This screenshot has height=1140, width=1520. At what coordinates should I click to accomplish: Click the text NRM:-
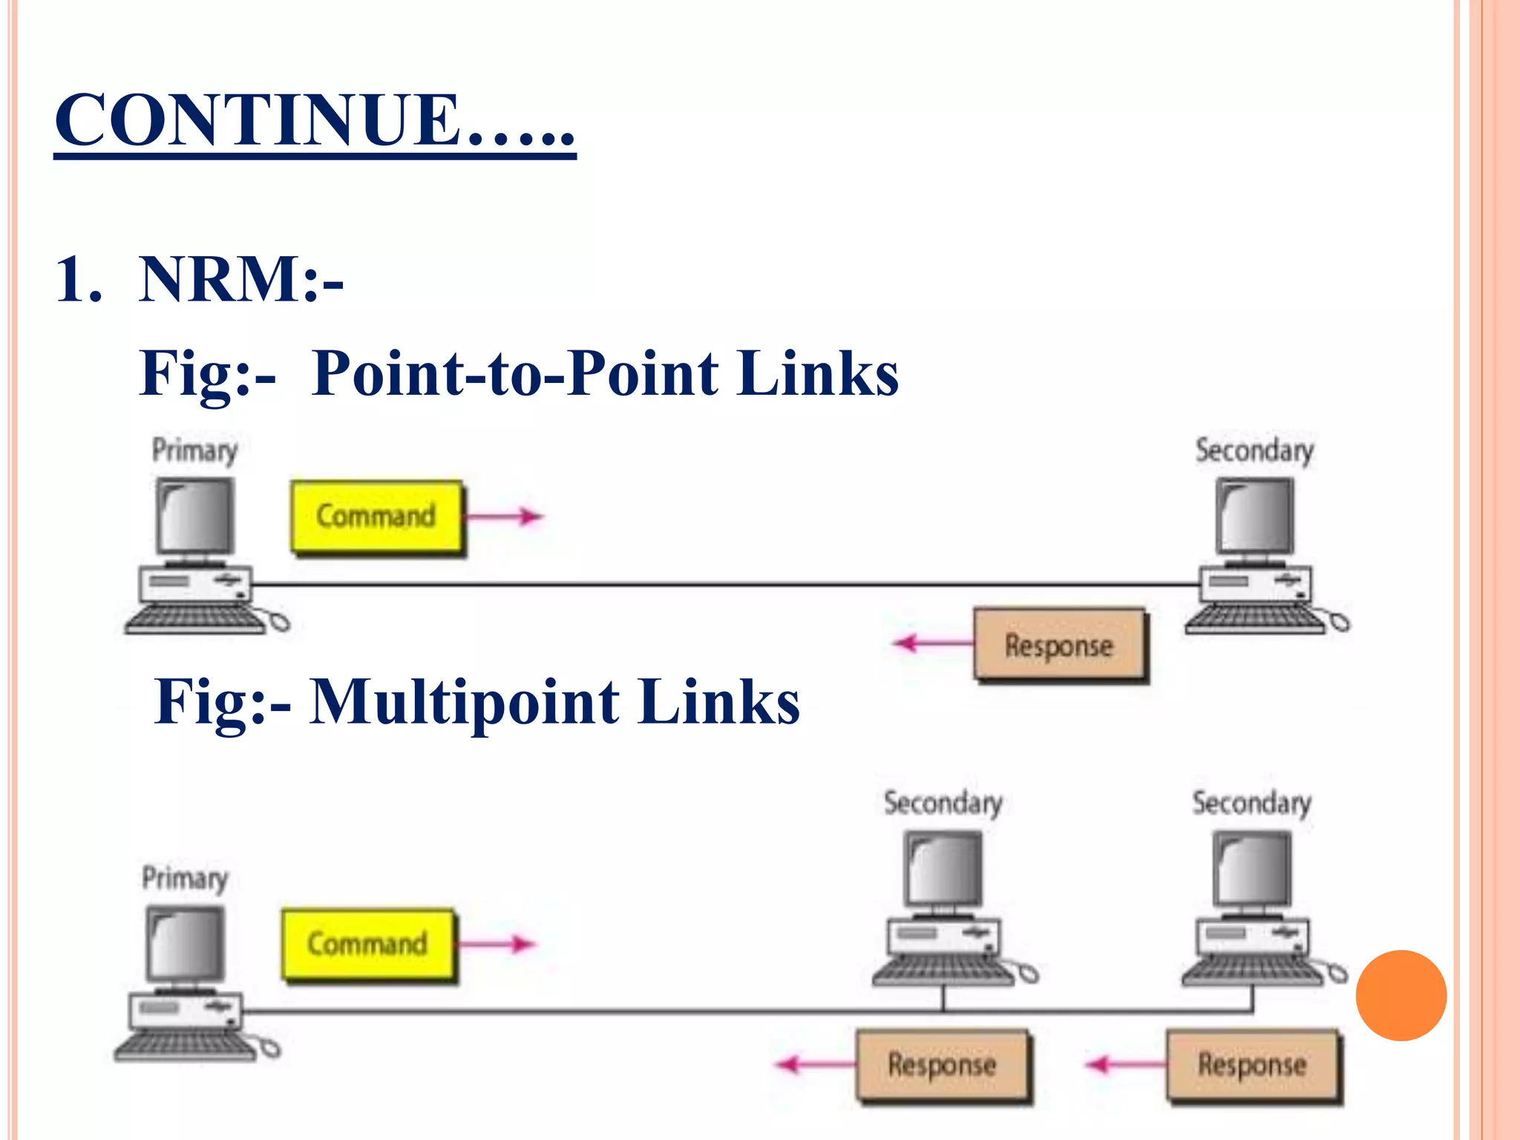240,280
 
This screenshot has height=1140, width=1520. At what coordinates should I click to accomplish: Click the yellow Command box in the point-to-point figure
376,517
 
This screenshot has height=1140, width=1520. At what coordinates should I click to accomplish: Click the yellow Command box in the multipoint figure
367,944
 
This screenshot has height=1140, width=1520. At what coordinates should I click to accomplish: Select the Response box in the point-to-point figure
1059,645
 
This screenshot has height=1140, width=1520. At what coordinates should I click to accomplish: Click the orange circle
1401,995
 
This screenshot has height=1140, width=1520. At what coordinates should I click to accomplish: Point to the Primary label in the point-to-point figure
194,451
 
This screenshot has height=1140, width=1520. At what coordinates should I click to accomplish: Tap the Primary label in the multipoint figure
185,878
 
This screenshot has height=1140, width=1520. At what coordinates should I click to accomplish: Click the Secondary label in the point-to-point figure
1254,451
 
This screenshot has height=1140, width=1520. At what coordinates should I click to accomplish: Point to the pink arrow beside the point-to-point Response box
933,643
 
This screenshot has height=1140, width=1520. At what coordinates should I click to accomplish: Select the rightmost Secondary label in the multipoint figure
1251,803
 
